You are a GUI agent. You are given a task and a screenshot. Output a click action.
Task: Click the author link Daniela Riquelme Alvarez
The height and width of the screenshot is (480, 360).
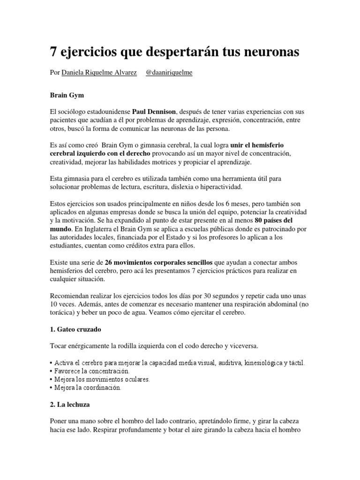99,74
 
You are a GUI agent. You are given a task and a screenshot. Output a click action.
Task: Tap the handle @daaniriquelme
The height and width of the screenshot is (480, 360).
169,74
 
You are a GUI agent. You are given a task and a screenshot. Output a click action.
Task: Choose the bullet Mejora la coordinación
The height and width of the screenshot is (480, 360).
88,388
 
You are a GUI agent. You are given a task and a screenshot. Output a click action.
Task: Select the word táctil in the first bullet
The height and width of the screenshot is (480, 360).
295,363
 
